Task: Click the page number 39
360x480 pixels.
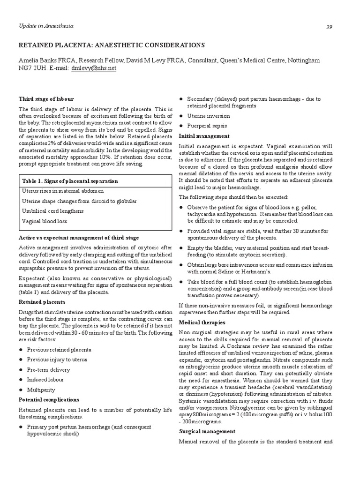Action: [x=329, y=27]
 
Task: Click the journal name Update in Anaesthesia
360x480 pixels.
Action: [x=46, y=26]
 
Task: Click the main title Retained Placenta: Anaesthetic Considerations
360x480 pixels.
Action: [x=112, y=45]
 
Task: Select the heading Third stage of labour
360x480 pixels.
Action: [x=46, y=99]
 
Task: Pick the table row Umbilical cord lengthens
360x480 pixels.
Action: [x=53, y=211]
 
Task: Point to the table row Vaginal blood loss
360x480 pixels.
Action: [x=45, y=221]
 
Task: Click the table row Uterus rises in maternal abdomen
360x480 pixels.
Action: [x=63, y=191]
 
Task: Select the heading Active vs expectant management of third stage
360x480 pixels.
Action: [x=78, y=238]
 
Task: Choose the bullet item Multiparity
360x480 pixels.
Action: [x=41, y=390]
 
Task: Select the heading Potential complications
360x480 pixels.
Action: [x=49, y=400]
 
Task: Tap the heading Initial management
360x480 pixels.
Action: [x=204, y=136]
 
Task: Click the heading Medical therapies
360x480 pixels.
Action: [x=202, y=322]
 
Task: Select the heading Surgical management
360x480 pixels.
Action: [x=207, y=431]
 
